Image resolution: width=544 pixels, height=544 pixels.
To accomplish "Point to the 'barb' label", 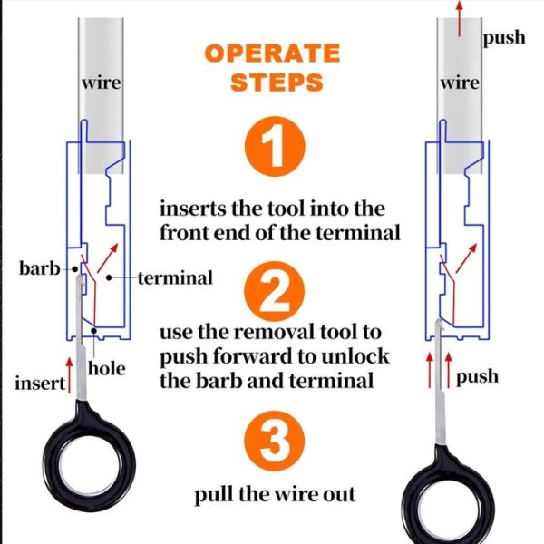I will tap(38, 269).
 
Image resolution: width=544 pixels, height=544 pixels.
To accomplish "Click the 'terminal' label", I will tap(175, 277).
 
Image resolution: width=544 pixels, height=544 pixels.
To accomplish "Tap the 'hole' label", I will tap(106, 369).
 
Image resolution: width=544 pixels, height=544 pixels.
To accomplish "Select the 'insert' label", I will tap(39, 383).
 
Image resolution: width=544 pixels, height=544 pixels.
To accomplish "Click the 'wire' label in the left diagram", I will tap(101, 83).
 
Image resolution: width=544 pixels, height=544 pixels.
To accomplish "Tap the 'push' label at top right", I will tap(503, 38).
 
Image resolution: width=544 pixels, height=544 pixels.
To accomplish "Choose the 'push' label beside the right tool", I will tap(477, 375).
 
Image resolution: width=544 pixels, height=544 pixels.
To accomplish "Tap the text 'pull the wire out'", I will tap(274, 495).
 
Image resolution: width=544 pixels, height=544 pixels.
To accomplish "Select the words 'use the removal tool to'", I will tap(270, 332).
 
